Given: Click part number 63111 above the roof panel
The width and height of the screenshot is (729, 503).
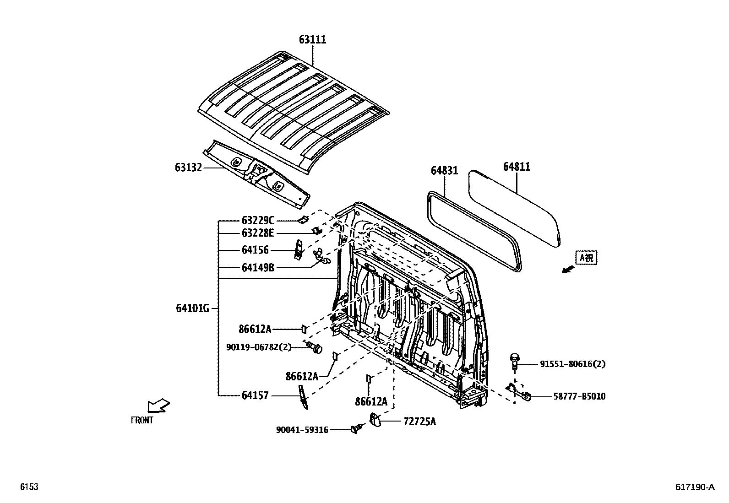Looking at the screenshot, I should (x=313, y=40).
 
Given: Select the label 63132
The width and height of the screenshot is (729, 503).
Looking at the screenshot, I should (x=188, y=168).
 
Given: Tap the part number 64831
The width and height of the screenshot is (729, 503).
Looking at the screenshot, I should (x=444, y=170).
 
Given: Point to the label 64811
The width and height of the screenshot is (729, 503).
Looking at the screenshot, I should (x=517, y=167).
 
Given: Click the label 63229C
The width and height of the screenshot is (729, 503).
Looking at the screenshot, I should (x=258, y=221).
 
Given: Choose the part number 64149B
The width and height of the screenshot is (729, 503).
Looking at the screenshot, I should (x=258, y=267).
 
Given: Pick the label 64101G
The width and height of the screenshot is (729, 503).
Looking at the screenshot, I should (x=192, y=308).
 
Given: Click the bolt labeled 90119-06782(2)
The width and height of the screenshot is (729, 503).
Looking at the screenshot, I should (x=315, y=348).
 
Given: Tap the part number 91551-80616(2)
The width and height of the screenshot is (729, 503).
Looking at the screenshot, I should (x=572, y=364).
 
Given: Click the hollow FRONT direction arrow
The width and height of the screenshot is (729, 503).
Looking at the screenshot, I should (x=158, y=406).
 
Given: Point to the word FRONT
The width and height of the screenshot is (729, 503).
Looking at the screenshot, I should (x=142, y=420).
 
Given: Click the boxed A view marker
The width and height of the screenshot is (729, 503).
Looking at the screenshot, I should (x=587, y=258).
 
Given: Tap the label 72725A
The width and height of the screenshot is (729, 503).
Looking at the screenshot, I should (x=419, y=422).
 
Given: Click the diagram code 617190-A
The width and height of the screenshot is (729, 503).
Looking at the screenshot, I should (x=694, y=487).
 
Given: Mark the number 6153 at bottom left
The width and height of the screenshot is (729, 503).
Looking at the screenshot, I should (x=29, y=487).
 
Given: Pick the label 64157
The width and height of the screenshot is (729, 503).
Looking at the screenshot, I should (x=256, y=395).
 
